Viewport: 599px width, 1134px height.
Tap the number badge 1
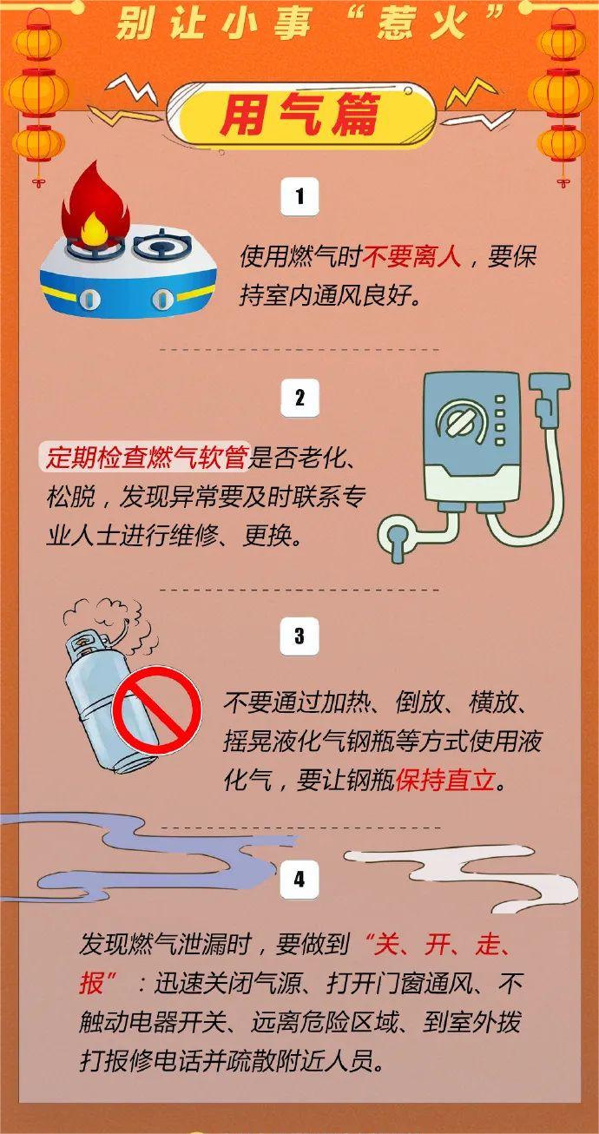coord(299,196)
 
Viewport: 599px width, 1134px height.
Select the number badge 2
coord(299,398)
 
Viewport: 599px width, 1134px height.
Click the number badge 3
coord(299,636)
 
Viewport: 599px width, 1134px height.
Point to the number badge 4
coord(299,879)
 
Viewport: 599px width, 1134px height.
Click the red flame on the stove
coord(95,205)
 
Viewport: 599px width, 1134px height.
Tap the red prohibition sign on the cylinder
coord(156,710)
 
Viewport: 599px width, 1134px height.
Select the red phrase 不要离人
coord(411,257)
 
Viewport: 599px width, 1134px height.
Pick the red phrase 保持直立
coord(444,780)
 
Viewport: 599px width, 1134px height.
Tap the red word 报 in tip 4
coord(91,983)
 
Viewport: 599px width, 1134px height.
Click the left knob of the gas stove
coord(89,300)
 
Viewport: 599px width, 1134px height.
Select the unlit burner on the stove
coord(163,245)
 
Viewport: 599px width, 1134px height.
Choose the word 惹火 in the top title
coord(422,24)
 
